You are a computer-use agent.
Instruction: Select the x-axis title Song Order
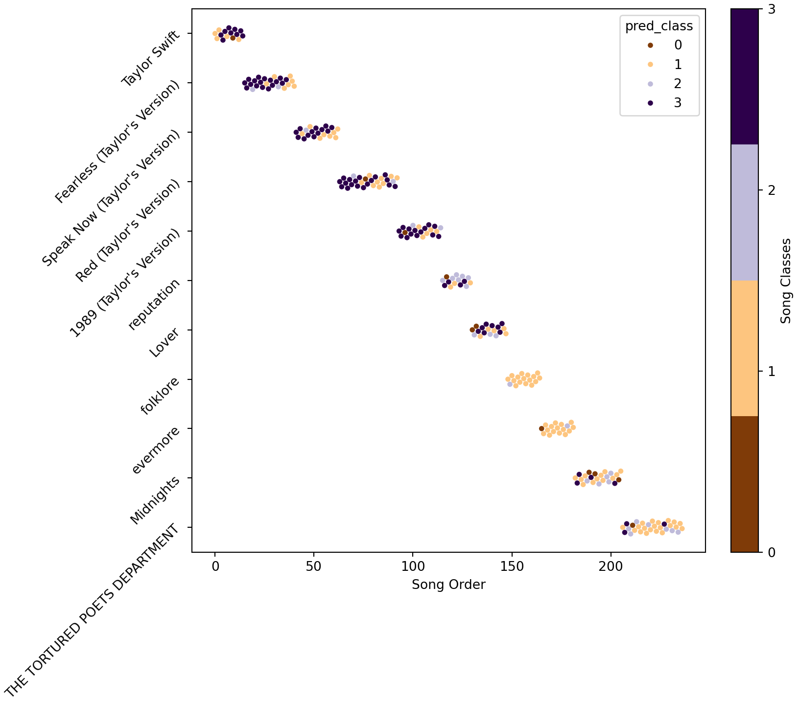[448, 585]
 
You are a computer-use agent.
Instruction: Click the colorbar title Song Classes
[786, 281]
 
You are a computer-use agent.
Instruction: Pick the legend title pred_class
[659, 26]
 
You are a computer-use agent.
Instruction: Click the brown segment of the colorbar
[744, 484]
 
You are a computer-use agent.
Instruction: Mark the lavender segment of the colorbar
[744, 212]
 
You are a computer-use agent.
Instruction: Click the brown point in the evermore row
[541, 428]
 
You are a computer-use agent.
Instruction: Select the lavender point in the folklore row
[510, 384]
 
